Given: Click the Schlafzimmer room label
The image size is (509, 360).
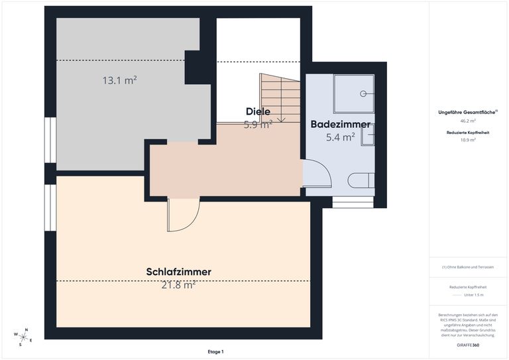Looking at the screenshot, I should click(178, 272).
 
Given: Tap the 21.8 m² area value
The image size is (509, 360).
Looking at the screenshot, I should click(178, 285).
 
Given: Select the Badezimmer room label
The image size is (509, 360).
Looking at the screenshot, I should click(340, 124).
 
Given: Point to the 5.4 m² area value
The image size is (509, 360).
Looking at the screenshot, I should click(340, 137).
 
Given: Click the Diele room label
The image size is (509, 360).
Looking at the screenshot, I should click(258, 111).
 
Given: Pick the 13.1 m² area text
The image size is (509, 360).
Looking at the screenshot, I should click(119, 80).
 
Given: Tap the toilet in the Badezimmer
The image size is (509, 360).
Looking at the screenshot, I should click(362, 181).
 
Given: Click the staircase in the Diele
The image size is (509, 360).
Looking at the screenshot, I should click(280, 97).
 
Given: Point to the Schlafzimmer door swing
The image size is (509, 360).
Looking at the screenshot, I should click(183, 215).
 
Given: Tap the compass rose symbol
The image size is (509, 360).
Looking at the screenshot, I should click(23, 337).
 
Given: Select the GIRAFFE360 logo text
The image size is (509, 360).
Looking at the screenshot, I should click(468, 345).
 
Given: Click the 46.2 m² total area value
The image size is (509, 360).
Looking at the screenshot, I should click(468, 121).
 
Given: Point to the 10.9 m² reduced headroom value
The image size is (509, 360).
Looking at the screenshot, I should click(468, 140).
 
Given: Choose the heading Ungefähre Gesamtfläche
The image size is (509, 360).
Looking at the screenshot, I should click(467, 112).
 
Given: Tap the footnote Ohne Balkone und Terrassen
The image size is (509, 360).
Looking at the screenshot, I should click(468, 267).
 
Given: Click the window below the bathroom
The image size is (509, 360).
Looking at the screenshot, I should click(353, 202).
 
